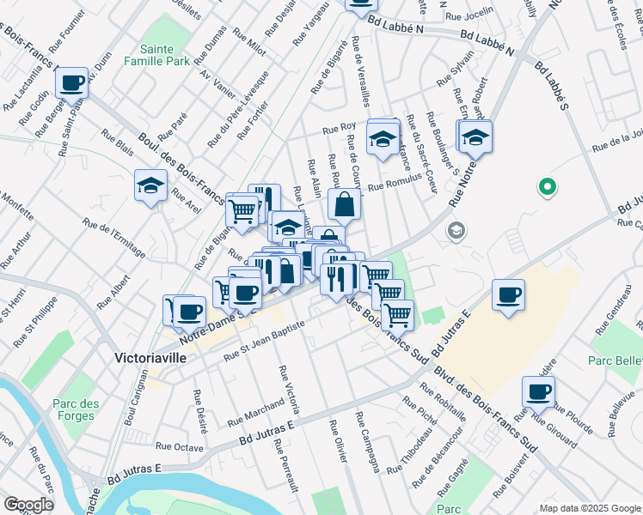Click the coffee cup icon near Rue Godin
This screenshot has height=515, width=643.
pyautogui.click(x=72, y=83)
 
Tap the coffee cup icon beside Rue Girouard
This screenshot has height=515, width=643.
pyautogui.click(x=538, y=392)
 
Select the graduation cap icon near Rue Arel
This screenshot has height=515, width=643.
pyautogui.click(x=150, y=185)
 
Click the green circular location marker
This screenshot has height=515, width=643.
pyautogui.click(x=544, y=186)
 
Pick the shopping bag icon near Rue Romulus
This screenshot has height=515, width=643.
pyautogui.click(x=344, y=205)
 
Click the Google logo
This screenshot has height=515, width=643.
pyautogui.click(x=28, y=504)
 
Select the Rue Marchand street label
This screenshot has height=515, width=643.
pyautogui.click(x=255, y=413)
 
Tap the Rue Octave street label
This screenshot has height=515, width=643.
pyautogui.click(x=179, y=446)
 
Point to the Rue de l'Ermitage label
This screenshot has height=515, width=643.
pyautogui.click(x=114, y=238)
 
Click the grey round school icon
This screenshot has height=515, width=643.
pyautogui.click(x=456, y=231)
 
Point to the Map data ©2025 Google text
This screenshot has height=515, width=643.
pyautogui.click(x=590, y=507)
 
